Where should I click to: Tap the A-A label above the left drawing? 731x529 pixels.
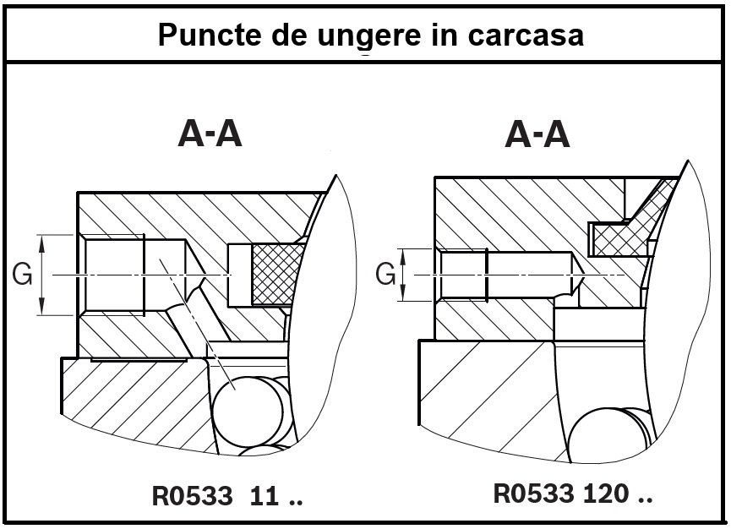point(211,134)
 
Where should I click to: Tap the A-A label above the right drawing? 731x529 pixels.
point(538,134)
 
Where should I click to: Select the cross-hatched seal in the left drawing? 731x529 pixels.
point(271,275)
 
